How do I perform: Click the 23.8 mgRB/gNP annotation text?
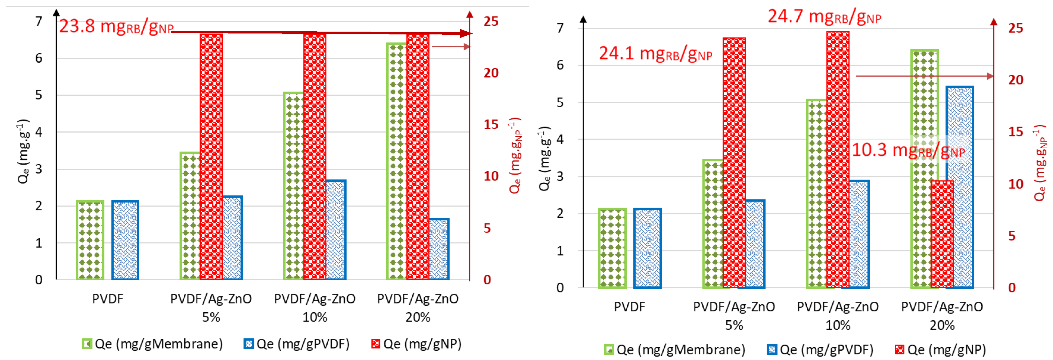pyautogui.click(x=117, y=27)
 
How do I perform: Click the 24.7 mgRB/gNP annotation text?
pyautogui.click(x=824, y=17)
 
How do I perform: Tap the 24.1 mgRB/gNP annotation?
pyautogui.click(x=655, y=54)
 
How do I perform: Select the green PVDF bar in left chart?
pyautogui.click(x=90, y=240)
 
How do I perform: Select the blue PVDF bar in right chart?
pyautogui.click(x=647, y=248)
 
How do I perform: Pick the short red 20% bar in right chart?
pyautogui.click(x=942, y=234)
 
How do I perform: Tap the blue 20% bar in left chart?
pyautogui.click(x=439, y=249)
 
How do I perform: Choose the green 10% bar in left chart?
pyautogui.click(x=294, y=186)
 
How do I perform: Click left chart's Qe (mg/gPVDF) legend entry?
pyautogui.click(x=297, y=344)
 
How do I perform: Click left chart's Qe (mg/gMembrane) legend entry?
pyautogui.click(x=152, y=344)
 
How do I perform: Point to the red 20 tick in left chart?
pyautogui.click(x=491, y=73)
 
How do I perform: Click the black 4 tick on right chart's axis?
pyautogui.click(x=560, y=139)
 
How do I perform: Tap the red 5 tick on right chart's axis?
pyautogui.click(x=1011, y=236)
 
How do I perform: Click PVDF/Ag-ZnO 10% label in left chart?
pyautogui.click(x=315, y=307)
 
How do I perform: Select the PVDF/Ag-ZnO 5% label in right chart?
pyautogui.click(x=734, y=315)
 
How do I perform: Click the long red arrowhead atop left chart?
pyautogui.click(x=466, y=33)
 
